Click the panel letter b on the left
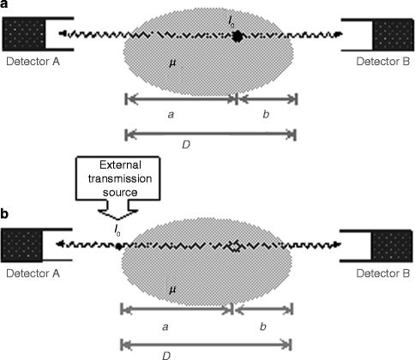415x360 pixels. [x=5, y=212]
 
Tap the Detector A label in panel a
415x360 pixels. [x=33, y=62]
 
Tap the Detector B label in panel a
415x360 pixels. [x=377, y=62]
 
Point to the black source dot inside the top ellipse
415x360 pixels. [x=236, y=37]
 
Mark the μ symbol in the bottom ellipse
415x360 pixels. [x=171, y=291]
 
